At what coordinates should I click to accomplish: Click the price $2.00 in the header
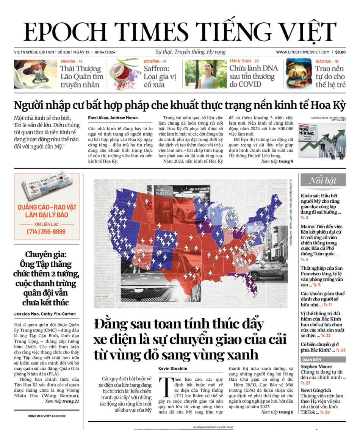[340, 52]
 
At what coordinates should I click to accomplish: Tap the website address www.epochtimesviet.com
[303, 52]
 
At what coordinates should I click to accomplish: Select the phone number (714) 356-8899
[46, 231]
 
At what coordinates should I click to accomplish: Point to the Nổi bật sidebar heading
[322, 180]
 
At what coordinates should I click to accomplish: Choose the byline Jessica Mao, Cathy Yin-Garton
[45, 314]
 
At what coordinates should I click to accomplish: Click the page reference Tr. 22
[326, 336]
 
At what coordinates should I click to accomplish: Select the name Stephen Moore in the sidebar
[316, 366]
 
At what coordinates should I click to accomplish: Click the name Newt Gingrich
[316, 390]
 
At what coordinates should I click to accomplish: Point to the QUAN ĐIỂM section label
[311, 359]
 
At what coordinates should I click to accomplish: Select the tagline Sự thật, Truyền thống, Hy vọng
[191, 52]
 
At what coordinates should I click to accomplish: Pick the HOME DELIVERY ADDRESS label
[47, 416]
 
